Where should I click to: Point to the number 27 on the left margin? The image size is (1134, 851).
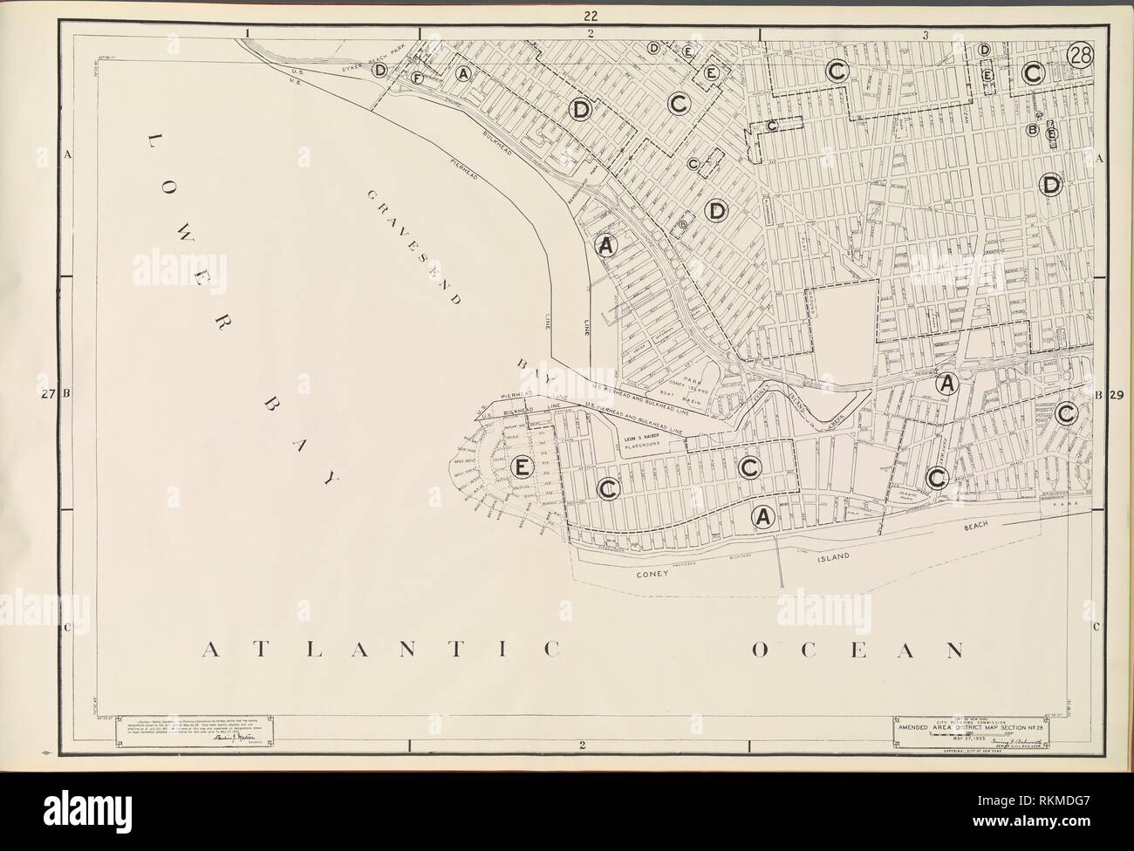tap(50, 394)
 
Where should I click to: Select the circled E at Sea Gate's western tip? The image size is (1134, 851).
tap(521, 467)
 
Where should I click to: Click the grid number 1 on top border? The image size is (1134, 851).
tap(249, 34)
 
